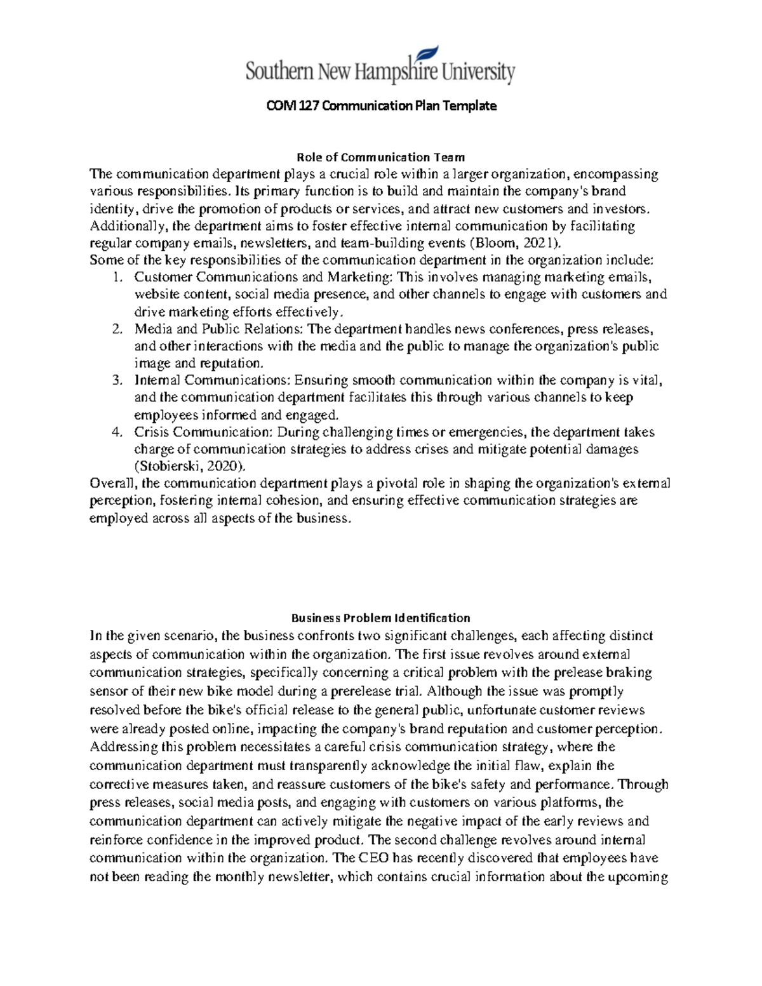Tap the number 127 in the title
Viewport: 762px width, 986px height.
[x=309, y=106]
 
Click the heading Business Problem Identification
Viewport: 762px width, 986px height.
[x=380, y=618]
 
